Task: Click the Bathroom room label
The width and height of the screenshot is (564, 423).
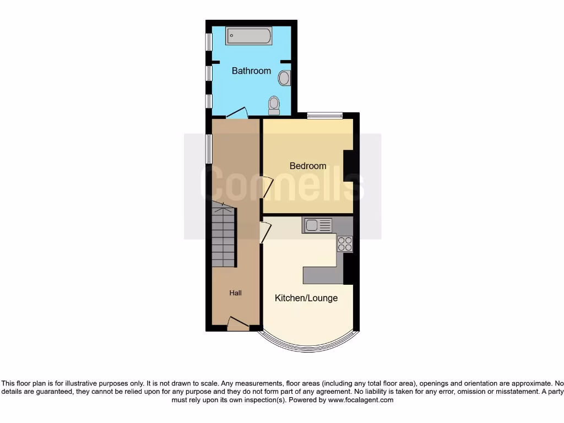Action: coord(251,70)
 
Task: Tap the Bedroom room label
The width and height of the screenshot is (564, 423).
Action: coord(308,166)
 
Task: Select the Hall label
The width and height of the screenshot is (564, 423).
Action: coord(235,293)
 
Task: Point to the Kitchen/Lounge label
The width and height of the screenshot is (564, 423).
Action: coord(306,298)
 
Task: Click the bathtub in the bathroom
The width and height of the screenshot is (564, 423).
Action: coord(248,36)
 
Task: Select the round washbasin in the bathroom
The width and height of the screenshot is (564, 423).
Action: coord(284,78)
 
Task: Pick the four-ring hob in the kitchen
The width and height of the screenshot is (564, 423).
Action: coord(345,243)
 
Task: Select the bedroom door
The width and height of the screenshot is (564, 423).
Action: coord(267,187)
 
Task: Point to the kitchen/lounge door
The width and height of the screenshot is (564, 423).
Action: coord(265,231)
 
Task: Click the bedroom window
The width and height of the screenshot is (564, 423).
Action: coord(324,116)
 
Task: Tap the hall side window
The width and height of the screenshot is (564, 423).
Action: coord(208,148)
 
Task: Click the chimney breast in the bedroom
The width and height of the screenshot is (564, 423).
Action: coord(348,165)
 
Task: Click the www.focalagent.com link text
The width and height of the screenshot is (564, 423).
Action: coord(361,400)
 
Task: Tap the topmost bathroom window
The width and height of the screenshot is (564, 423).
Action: coord(209,42)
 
